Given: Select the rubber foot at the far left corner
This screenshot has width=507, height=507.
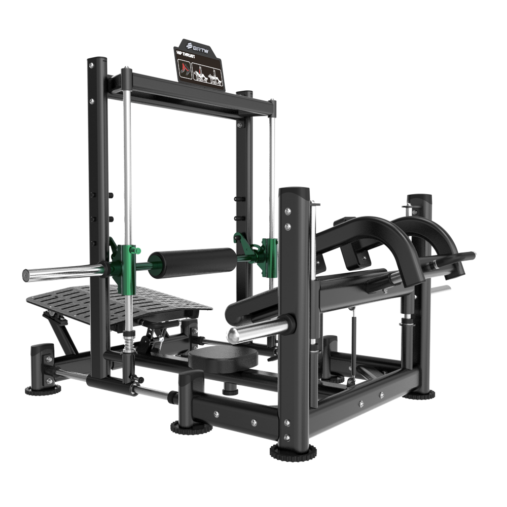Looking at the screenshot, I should click(43, 389).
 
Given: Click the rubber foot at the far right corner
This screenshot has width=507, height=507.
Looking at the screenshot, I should click(419, 393).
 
